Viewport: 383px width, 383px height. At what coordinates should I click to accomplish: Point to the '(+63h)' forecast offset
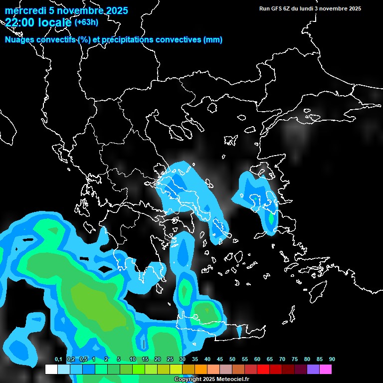(86, 22)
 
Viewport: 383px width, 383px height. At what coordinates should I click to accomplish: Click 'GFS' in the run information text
(277, 8)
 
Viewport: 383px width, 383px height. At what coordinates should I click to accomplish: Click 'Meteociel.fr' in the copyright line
(233, 380)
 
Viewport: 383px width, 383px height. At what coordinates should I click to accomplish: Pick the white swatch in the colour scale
(51, 370)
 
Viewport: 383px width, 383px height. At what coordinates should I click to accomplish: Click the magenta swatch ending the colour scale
(326, 370)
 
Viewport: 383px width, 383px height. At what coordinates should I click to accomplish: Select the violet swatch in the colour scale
(313, 370)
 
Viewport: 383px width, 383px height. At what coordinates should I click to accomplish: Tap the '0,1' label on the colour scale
(58, 360)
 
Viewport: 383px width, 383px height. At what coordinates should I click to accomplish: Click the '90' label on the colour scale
(332, 360)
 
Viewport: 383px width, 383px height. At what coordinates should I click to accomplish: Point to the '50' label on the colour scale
(232, 360)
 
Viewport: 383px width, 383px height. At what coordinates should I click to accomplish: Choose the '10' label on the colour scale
(133, 360)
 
